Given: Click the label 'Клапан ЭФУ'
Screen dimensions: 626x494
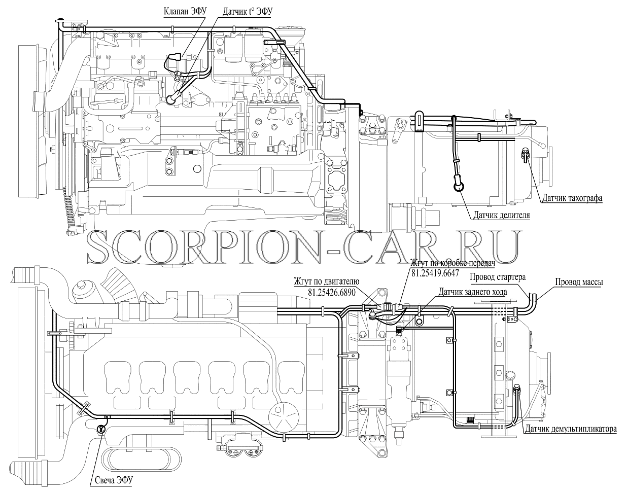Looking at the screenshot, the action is pos(185,11).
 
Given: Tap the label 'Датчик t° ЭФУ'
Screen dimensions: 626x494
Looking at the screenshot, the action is pos(248,12).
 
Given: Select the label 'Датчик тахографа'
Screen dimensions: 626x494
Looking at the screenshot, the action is pos(572,198).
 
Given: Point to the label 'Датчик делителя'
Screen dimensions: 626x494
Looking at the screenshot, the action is pos(502,215).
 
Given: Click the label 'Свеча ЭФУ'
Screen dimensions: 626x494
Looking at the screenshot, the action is pos(114,480).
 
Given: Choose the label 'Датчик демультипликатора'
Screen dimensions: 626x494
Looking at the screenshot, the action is pos(571,429).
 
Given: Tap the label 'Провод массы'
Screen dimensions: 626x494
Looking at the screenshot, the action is pos(579,282).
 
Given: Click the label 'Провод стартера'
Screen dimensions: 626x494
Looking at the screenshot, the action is pos(498,277).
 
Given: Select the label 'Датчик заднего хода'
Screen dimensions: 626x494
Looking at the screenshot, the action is pos(473,292).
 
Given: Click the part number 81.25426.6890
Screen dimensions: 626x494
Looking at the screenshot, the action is pos(332,292).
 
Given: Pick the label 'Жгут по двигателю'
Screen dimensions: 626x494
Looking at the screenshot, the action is pos(326,281).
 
